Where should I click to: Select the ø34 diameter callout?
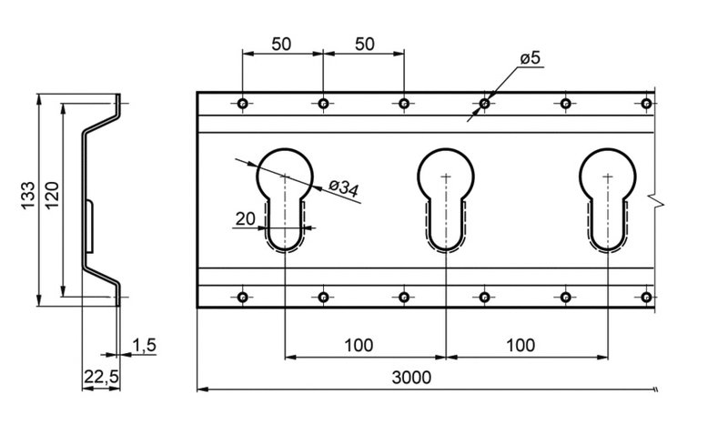[343, 188]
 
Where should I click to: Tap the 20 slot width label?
[244, 218]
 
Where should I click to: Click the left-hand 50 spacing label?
[282, 43]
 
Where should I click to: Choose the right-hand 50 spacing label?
[363, 43]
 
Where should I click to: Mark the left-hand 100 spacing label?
[361, 346]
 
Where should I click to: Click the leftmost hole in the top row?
[242, 104]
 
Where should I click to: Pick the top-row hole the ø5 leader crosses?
[485, 104]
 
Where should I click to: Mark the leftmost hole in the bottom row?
[242, 297]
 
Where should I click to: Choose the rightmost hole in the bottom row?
[646, 297]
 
